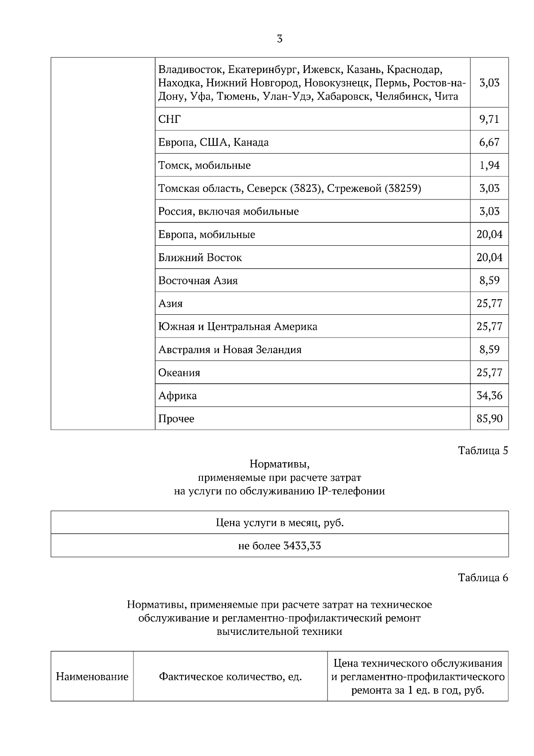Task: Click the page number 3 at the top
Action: point(279,39)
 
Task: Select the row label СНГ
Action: point(170,119)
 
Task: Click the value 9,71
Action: point(489,119)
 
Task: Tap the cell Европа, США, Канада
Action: point(214,142)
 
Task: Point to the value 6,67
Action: point(489,142)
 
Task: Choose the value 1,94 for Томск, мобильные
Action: point(489,166)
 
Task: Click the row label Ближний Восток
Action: point(200,258)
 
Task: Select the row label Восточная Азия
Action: point(198,281)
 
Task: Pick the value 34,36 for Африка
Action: point(489,396)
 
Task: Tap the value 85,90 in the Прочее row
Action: point(489,419)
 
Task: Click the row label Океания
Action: point(179,373)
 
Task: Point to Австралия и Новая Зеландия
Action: point(230,350)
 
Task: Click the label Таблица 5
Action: point(483,451)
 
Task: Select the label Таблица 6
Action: point(483,578)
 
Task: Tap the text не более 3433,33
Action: point(279,546)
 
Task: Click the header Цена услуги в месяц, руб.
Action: point(279,523)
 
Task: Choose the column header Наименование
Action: point(92,677)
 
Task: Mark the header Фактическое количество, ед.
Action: point(231,677)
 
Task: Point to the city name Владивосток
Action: point(190,70)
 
